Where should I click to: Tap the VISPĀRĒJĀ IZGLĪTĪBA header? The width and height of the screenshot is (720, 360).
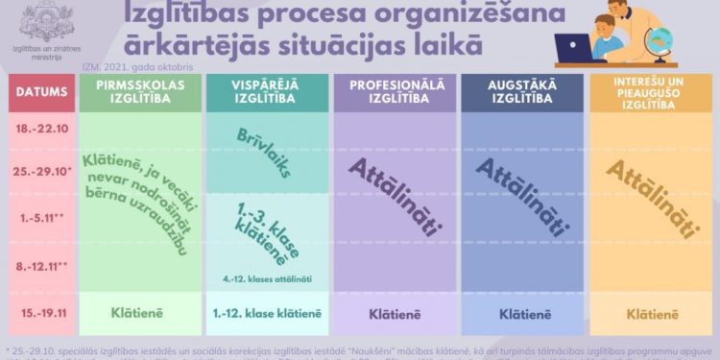pyautogui.click(x=266, y=92)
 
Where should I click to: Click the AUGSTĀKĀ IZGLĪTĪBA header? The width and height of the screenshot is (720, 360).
pyautogui.click(x=522, y=92)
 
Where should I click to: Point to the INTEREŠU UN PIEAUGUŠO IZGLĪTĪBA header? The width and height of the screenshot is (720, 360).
pyautogui.click(x=650, y=92)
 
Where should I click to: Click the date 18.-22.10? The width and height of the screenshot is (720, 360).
pyautogui.click(x=38, y=128)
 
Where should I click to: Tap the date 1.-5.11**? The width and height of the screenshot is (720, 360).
pyautogui.click(x=38, y=216)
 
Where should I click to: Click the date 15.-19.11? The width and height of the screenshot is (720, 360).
pyautogui.click(x=38, y=313)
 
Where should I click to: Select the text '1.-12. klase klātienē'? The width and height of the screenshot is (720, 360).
pyautogui.click(x=266, y=313)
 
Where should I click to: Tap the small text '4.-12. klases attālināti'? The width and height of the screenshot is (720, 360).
pyautogui.click(x=266, y=279)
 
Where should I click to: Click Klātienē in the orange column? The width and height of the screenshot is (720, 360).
pyautogui.click(x=651, y=313)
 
